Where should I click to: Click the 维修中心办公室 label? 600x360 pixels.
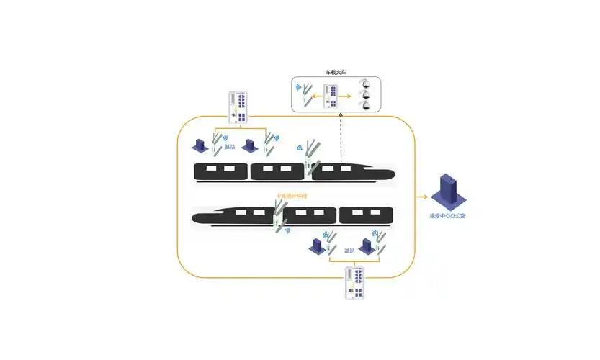[447, 215]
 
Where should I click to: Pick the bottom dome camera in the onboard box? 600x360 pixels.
[366, 105]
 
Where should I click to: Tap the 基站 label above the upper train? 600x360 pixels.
[230, 146]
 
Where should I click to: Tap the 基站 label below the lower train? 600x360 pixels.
[349, 251]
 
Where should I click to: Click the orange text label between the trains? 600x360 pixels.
[291, 196]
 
